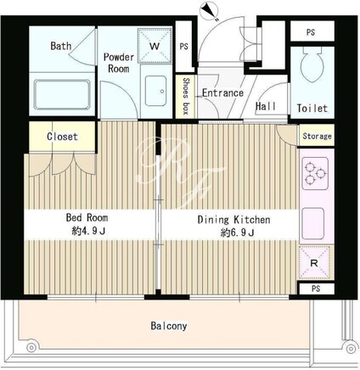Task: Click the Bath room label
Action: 61,46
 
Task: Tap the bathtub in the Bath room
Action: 62,94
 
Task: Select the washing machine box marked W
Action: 155,45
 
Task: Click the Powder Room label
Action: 119,63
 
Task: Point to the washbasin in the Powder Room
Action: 155,91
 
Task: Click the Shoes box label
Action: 186,96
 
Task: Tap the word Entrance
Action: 222,92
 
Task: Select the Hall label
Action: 266,106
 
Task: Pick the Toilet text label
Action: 312,108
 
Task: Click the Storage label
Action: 317,136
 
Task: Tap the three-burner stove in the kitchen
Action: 316,173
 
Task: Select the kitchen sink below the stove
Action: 313,223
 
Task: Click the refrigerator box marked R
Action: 314,263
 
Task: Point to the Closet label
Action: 62,137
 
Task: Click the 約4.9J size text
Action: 88,232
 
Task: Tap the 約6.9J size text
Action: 237,233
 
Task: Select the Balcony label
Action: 169,326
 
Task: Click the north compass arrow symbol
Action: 210,12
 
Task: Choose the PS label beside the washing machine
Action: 184,46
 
